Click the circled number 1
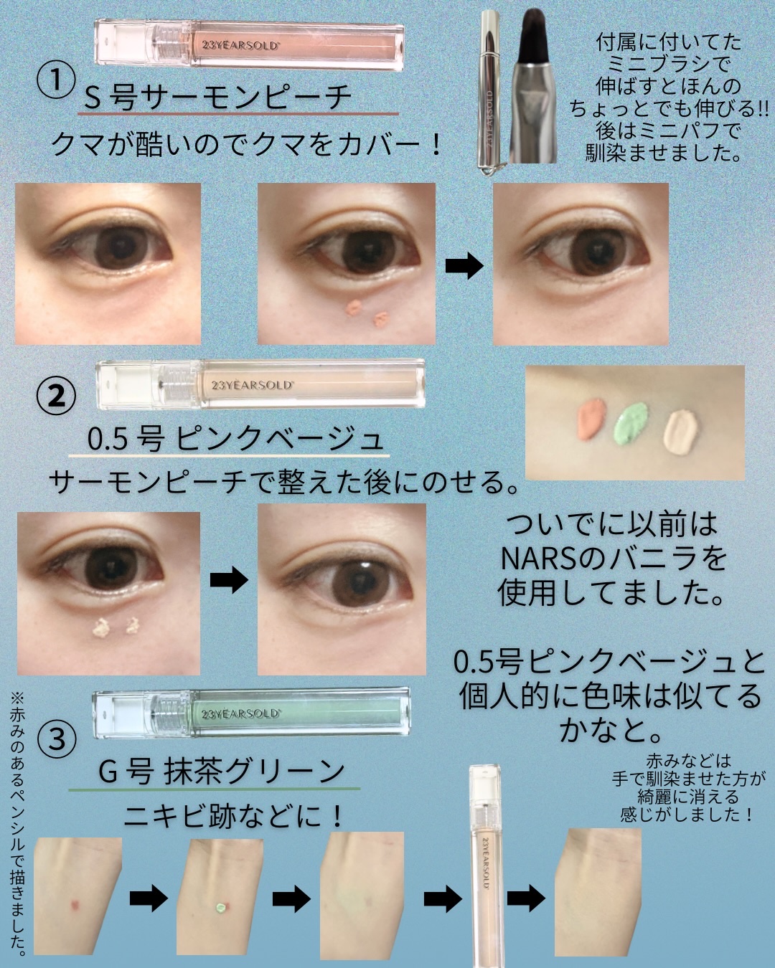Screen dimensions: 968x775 point(55,80)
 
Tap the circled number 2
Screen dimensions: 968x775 point(56,396)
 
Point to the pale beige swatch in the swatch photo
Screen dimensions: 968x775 point(680,432)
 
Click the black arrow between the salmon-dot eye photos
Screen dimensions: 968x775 point(464,265)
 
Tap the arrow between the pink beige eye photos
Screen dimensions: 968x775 point(229,580)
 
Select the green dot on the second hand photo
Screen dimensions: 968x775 point(219,906)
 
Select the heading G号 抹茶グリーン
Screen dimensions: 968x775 point(222,772)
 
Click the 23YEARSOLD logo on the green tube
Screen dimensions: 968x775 point(240,714)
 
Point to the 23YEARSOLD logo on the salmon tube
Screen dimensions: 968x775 point(240,45)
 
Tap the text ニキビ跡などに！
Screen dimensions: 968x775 point(234,816)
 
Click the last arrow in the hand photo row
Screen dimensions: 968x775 point(526,898)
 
